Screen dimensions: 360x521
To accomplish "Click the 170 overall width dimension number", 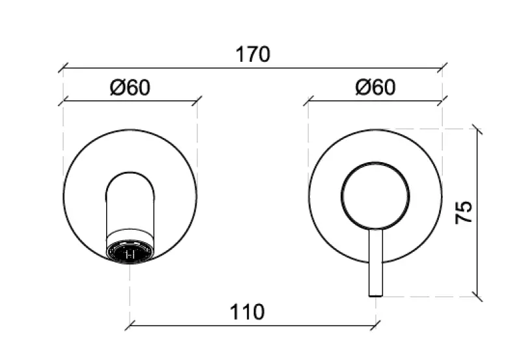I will pyautogui.click(x=252, y=54).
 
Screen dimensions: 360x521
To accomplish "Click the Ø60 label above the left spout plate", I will pyautogui.click(x=130, y=87).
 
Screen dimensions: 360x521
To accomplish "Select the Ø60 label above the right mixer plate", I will pyautogui.click(x=375, y=87).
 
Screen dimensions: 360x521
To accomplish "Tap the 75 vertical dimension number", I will pyautogui.click(x=464, y=213).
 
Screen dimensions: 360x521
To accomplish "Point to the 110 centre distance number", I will pyautogui.click(x=247, y=312).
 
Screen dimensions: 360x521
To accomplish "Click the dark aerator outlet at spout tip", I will pyautogui.click(x=130, y=253).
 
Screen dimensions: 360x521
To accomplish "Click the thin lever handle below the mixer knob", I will pyautogui.click(x=376, y=260).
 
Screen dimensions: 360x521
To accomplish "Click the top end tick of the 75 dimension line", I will pyautogui.click(x=479, y=130).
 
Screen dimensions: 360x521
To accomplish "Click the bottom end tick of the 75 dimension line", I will pyautogui.click(x=479, y=297).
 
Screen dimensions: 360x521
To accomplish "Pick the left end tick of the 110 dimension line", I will pyautogui.click(x=130, y=323).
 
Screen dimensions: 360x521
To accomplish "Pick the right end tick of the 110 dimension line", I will pyautogui.click(x=376, y=323).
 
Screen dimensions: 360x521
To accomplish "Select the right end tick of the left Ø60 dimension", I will pyautogui.click(x=197, y=101).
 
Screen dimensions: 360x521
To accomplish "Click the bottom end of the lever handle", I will pyautogui.click(x=376, y=294).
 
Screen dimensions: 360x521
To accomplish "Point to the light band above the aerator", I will pyautogui.click(x=130, y=235).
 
